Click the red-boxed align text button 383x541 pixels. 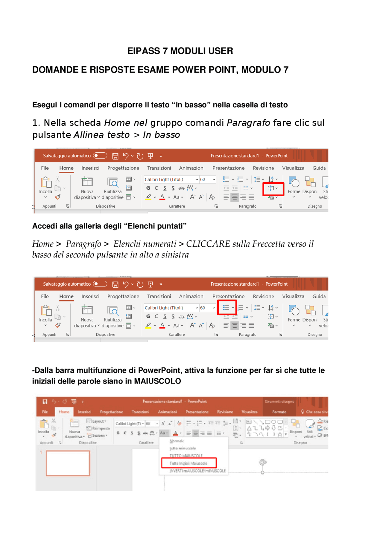click(x=273, y=188)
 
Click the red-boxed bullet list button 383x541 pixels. click(x=227, y=308)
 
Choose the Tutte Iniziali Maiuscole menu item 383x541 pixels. click(x=189, y=463)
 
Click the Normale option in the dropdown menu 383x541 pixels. click(x=177, y=441)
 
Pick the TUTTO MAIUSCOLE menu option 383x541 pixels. click(x=186, y=456)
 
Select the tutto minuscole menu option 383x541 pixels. click(x=183, y=448)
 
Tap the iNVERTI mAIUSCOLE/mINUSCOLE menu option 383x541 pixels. click(x=197, y=471)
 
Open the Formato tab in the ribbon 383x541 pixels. click(x=279, y=412)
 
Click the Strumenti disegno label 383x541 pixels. click(x=279, y=401)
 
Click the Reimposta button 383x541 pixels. click(x=101, y=428)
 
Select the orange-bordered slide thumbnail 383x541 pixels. click(x=68, y=463)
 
